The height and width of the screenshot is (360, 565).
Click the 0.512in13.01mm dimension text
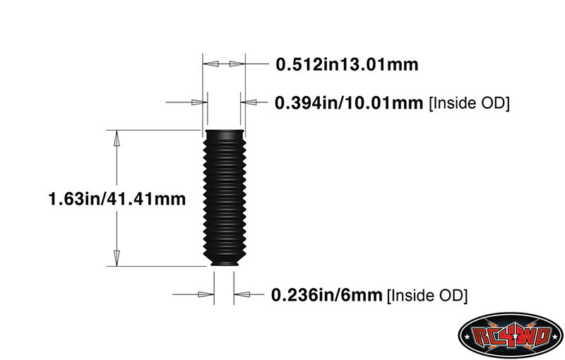pos(347,65)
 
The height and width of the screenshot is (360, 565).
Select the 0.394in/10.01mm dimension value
pos(350,103)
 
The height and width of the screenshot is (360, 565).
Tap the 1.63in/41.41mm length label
pos(117,199)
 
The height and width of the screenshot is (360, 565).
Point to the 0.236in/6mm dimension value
pos(327,294)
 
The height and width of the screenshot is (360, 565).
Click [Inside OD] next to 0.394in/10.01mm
pos(470,103)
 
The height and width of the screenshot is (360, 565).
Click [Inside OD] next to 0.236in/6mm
pos(427,294)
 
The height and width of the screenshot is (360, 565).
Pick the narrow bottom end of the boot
pos(223,263)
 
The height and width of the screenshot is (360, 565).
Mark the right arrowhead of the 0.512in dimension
pos(235,64)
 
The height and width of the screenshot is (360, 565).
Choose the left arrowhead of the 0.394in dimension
pos(198,102)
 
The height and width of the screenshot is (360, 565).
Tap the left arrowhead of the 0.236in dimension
pos(206,294)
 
